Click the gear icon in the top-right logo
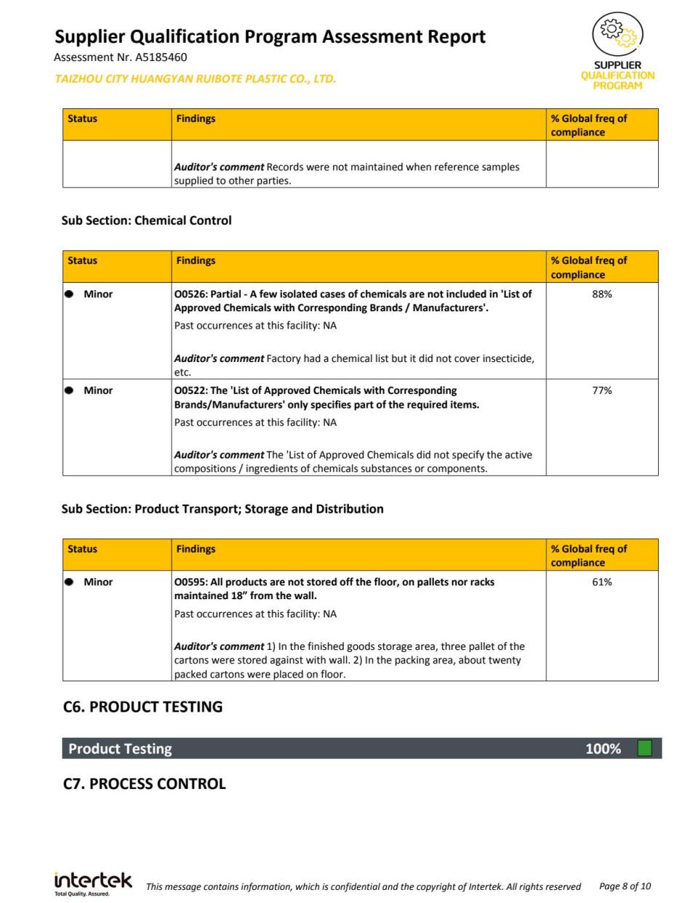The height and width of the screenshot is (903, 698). (617, 33)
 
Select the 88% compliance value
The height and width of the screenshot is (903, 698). (602, 294)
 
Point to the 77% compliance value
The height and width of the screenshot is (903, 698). (602, 390)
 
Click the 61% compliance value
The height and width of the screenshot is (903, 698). (602, 582)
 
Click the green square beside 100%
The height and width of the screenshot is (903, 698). (644, 748)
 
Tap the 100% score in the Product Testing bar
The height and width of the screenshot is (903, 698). (603, 749)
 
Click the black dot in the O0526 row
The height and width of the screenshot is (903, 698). (70, 294)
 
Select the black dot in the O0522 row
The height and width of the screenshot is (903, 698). (70, 390)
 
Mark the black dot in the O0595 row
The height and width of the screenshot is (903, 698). (70, 582)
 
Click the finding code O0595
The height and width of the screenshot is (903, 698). (190, 582)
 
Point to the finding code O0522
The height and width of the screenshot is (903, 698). (190, 390)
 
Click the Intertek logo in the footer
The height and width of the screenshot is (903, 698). (93, 883)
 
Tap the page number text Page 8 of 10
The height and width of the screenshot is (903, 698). (625, 886)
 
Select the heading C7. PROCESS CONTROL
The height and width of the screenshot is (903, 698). (145, 784)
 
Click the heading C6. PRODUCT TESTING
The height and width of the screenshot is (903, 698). (143, 707)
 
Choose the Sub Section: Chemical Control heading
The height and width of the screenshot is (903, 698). (146, 220)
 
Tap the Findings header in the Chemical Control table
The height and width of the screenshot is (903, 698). (196, 260)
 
